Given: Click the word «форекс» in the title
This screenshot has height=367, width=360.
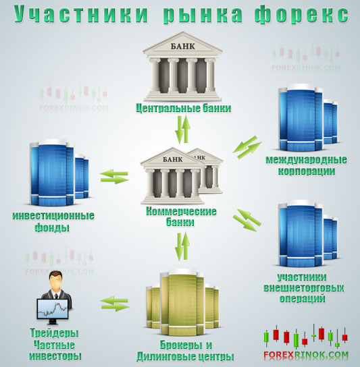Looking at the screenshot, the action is click(x=301, y=15).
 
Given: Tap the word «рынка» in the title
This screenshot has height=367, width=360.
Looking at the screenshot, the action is click(x=203, y=15).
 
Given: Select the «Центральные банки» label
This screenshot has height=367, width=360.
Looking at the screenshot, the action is click(x=184, y=108).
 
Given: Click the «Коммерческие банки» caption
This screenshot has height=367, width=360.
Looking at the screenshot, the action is click(x=181, y=217).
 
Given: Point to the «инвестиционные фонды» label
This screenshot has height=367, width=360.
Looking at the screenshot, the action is click(x=53, y=221).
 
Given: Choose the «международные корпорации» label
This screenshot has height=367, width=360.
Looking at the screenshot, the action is click(x=306, y=165).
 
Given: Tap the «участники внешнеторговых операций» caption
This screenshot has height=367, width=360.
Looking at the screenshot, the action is click(x=303, y=287).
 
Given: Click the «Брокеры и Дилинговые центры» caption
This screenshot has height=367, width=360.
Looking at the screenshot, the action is click(x=185, y=351).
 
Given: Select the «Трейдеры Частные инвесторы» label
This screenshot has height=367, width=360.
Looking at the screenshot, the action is click(x=55, y=345).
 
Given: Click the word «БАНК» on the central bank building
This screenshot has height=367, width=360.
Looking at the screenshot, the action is click(x=183, y=46).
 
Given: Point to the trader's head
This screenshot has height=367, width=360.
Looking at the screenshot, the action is click(x=55, y=281).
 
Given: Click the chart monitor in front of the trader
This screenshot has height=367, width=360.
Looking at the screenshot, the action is click(x=53, y=309).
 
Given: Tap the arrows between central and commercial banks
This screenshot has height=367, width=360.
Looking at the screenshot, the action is click(x=183, y=130).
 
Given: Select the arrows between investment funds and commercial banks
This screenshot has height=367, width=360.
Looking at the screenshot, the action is click(x=114, y=177).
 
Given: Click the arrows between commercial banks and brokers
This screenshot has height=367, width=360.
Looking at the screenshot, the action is click(x=183, y=246).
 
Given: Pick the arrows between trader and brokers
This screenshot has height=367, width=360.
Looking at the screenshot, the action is click(x=115, y=304).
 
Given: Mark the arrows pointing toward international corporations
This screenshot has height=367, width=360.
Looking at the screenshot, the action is click(x=247, y=148).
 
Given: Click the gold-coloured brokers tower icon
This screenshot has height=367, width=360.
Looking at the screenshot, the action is click(x=182, y=302).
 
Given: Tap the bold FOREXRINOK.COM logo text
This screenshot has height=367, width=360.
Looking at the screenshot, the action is click(x=306, y=355).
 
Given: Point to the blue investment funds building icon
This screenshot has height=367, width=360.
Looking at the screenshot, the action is click(x=59, y=173).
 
